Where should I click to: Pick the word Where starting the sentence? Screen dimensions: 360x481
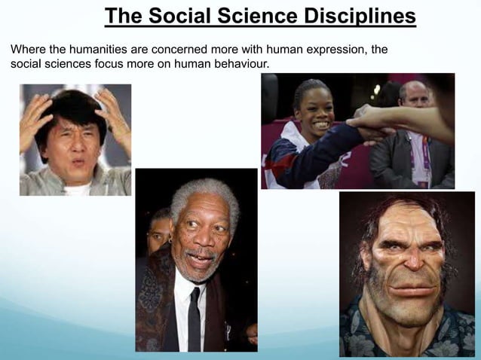point(28,50)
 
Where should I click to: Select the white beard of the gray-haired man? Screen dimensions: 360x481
point(201,271)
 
